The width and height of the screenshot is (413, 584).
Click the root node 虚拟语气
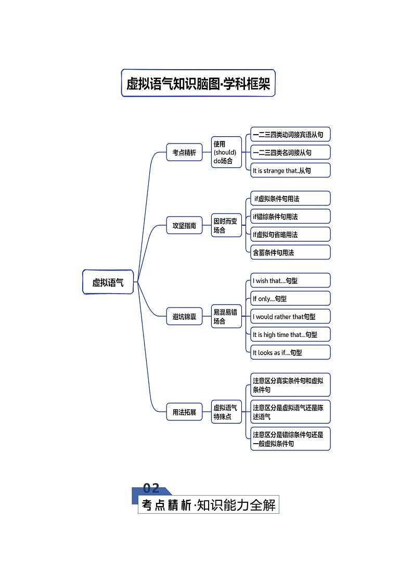108,282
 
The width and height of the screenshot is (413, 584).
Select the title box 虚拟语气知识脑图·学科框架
198,83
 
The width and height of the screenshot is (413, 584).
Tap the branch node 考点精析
184,152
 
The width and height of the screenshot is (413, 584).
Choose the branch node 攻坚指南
184,226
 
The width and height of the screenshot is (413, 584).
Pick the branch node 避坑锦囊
184,316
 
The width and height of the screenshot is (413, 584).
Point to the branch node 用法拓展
184,412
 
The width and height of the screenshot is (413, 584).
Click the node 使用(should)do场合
226,152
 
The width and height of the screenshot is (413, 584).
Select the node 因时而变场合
226,226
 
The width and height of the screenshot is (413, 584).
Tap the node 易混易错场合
226,316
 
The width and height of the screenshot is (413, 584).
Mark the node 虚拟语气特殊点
226,412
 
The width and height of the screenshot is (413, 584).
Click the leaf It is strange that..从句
290,171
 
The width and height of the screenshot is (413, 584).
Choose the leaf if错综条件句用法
290,216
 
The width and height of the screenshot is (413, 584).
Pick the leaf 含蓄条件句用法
290,252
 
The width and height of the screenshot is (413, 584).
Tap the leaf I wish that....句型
290,281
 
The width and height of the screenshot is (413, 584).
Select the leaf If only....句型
290,299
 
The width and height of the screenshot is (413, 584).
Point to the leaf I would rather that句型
290,317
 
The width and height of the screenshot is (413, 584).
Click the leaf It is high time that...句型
290,334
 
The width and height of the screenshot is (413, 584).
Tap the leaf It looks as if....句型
290,352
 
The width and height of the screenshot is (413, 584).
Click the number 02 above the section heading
151,488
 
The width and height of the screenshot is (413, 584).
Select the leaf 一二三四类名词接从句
290,152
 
